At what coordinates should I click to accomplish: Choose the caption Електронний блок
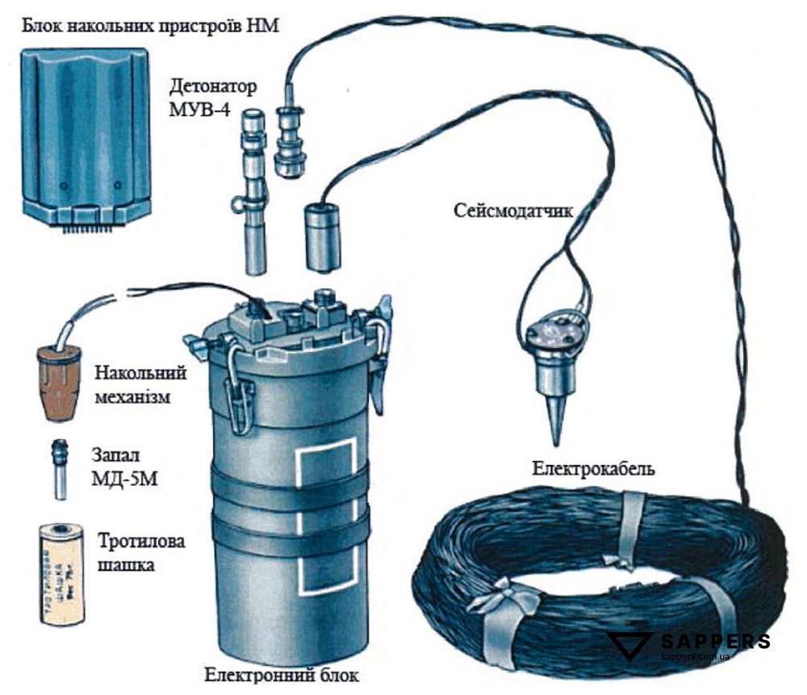(281, 674)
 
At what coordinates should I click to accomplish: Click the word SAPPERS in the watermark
(715, 643)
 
